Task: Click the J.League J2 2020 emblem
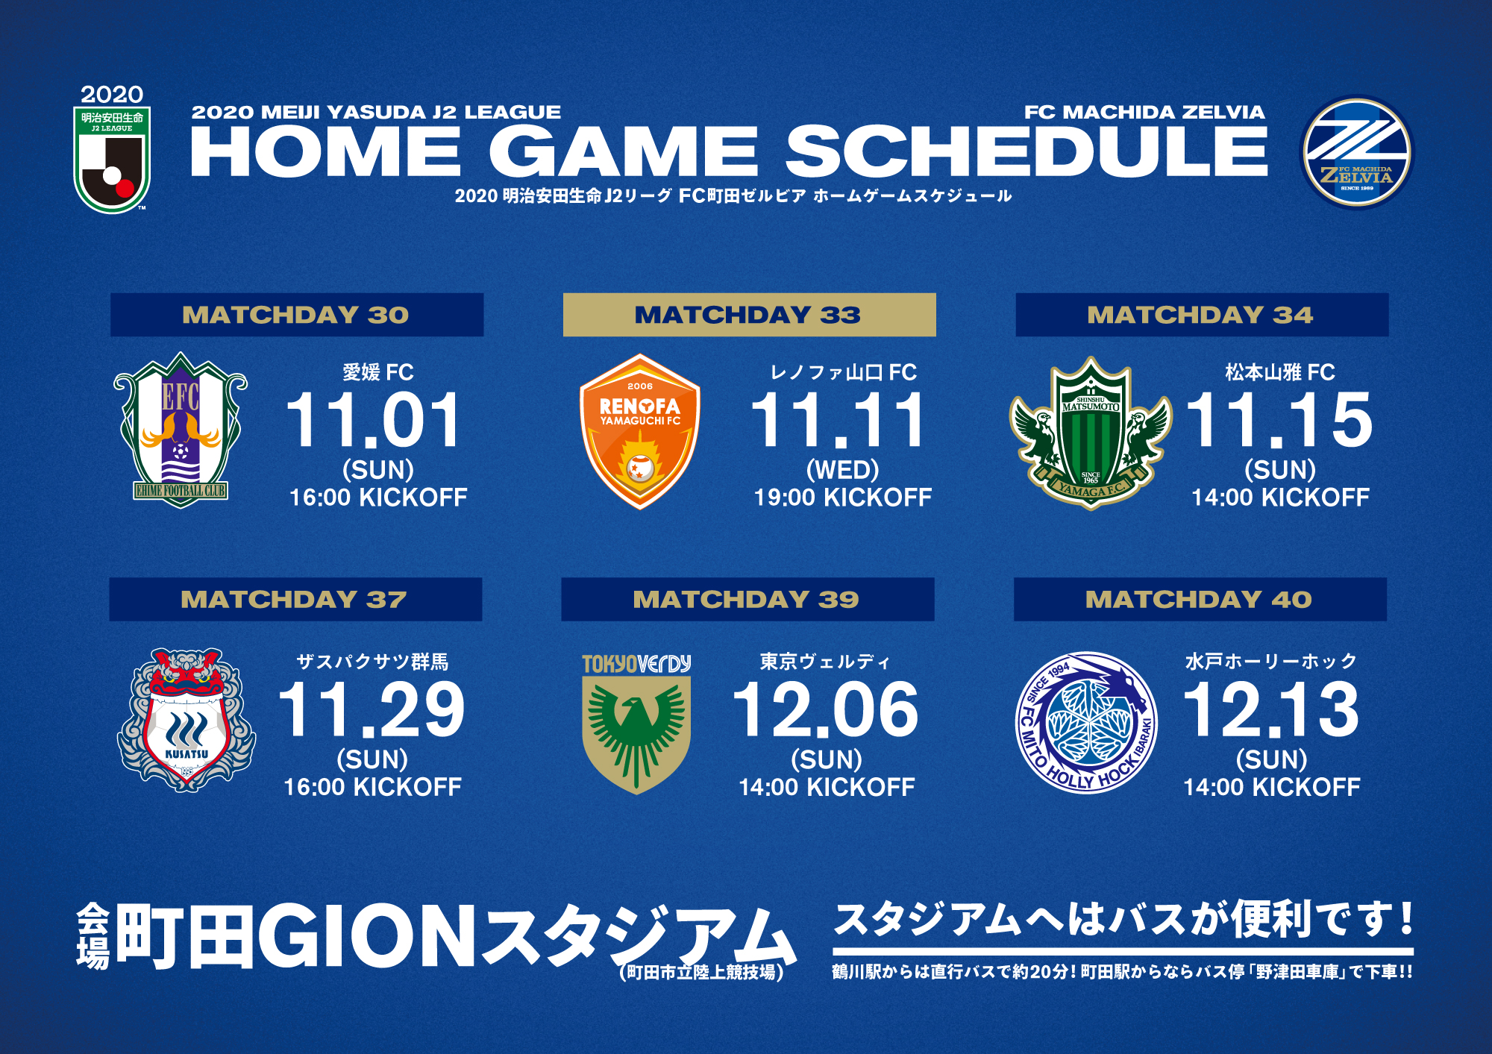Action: [x=112, y=149]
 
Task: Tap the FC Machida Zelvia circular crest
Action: [x=1356, y=153]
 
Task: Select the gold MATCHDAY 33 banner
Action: [x=749, y=315]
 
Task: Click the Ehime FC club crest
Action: [x=181, y=430]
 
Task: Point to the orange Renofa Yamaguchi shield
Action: [x=640, y=432]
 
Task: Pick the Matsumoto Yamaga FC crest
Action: [x=1091, y=433]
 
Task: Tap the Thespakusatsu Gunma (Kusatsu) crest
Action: [x=186, y=720]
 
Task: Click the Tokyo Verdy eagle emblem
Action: [x=636, y=724]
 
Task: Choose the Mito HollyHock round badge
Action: [x=1087, y=723]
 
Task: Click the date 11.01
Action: [x=374, y=421]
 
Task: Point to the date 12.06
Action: [x=826, y=710]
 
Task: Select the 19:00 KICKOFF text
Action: [x=843, y=498]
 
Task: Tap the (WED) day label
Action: [x=843, y=470]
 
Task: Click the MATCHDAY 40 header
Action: [x=1200, y=599]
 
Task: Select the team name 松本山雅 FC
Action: [x=1280, y=372]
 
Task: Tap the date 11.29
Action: [x=372, y=710]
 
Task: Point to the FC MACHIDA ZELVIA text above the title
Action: [x=1144, y=113]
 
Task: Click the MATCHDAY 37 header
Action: [x=295, y=599]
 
